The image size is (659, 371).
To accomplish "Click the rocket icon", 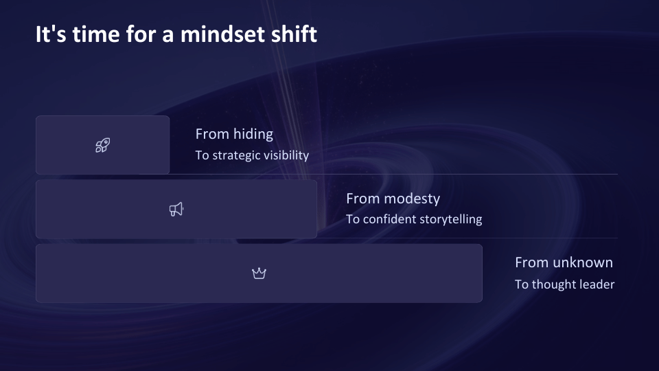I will [102, 145].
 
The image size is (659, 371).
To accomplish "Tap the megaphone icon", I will [176, 210].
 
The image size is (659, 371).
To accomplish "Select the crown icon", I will [259, 273].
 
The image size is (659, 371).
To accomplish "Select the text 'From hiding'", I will [234, 134].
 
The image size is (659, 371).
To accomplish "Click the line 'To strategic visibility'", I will [252, 155].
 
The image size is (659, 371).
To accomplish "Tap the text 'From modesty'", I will [393, 199].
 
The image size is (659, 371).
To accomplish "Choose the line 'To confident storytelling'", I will [414, 220].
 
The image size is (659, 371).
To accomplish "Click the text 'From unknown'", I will [564, 262].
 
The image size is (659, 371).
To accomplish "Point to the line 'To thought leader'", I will [564, 284].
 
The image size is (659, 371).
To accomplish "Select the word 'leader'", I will [597, 284].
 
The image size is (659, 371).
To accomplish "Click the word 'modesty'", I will [412, 199].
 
